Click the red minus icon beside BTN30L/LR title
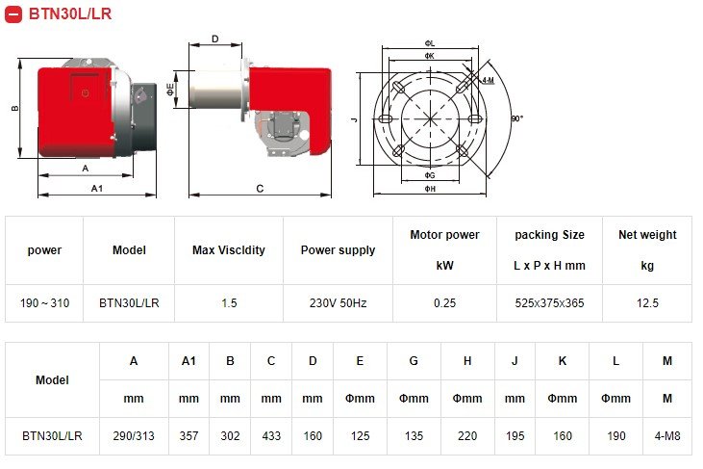click(x=13, y=13)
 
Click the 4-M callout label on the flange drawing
click(x=488, y=80)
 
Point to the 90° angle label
click(x=517, y=118)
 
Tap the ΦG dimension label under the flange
click(x=430, y=175)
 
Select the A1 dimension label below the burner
click(x=97, y=189)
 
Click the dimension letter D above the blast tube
click(x=215, y=39)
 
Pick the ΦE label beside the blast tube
click(x=170, y=90)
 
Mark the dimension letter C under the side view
click(x=260, y=189)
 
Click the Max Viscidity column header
click(x=229, y=250)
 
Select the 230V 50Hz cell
click(x=339, y=303)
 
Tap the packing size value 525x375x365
click(x=549, y=303)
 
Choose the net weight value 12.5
click(x=647, y=303)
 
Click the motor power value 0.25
click(x=444, y=303)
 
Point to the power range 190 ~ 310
click(x=44, y=303)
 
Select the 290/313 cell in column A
click(x=134, y=436)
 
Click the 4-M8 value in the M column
click(x=667, y=436)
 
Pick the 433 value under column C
click(x=271, y=436)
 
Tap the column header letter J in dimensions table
click(x=515, y=361)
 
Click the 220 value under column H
click(x=467, y=436)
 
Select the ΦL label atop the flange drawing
click(x=430, y=43)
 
